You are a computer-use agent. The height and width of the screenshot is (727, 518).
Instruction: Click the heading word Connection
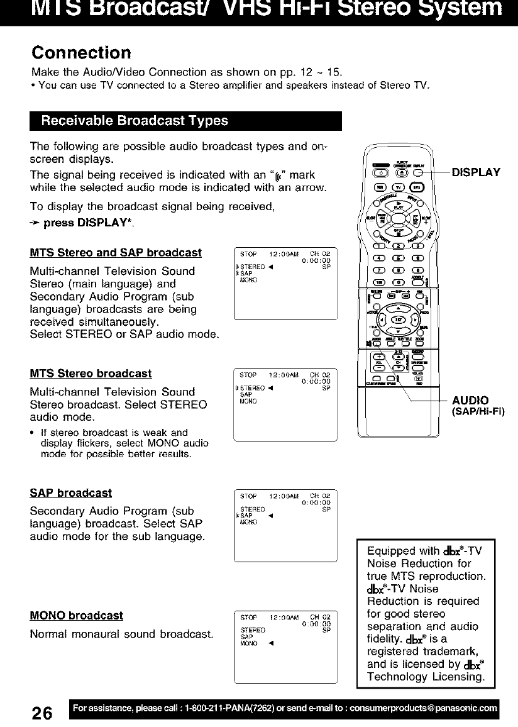(82, 51)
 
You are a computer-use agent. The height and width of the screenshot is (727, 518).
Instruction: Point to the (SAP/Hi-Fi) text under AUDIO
(479, 412)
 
